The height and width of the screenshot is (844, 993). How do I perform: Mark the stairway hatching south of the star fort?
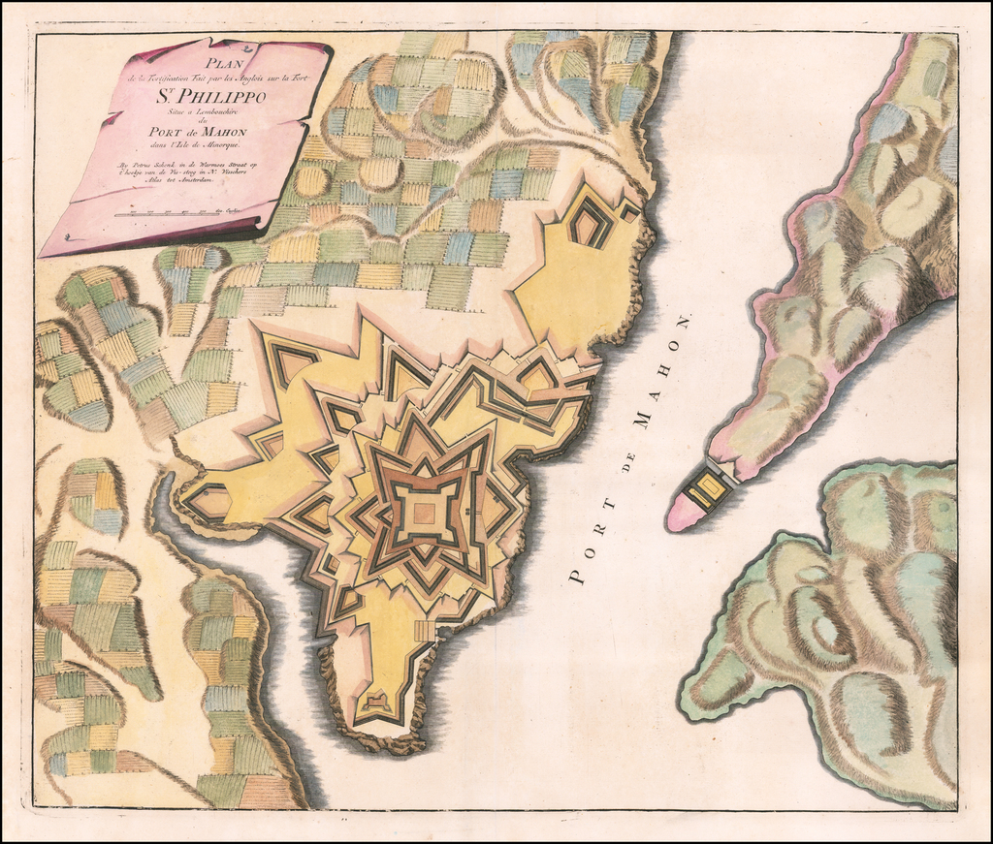coord(425,631)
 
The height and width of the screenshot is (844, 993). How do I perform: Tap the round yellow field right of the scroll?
coord(312,180)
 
